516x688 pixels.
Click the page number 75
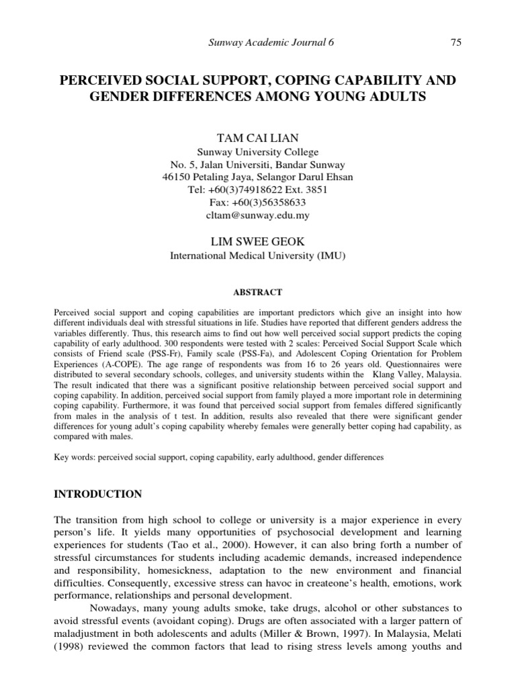coord(456,43)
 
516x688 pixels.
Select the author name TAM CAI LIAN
coord(257,138)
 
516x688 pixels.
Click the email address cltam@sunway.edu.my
coord(258,215)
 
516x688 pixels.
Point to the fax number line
coord(258,202)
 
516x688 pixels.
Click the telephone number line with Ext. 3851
coord(258,189)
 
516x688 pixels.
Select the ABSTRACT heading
coord(257,292)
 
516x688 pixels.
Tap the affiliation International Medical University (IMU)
coord(258,255)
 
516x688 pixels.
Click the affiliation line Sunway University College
coord(258,153)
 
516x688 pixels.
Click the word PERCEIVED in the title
coord(98,81)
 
